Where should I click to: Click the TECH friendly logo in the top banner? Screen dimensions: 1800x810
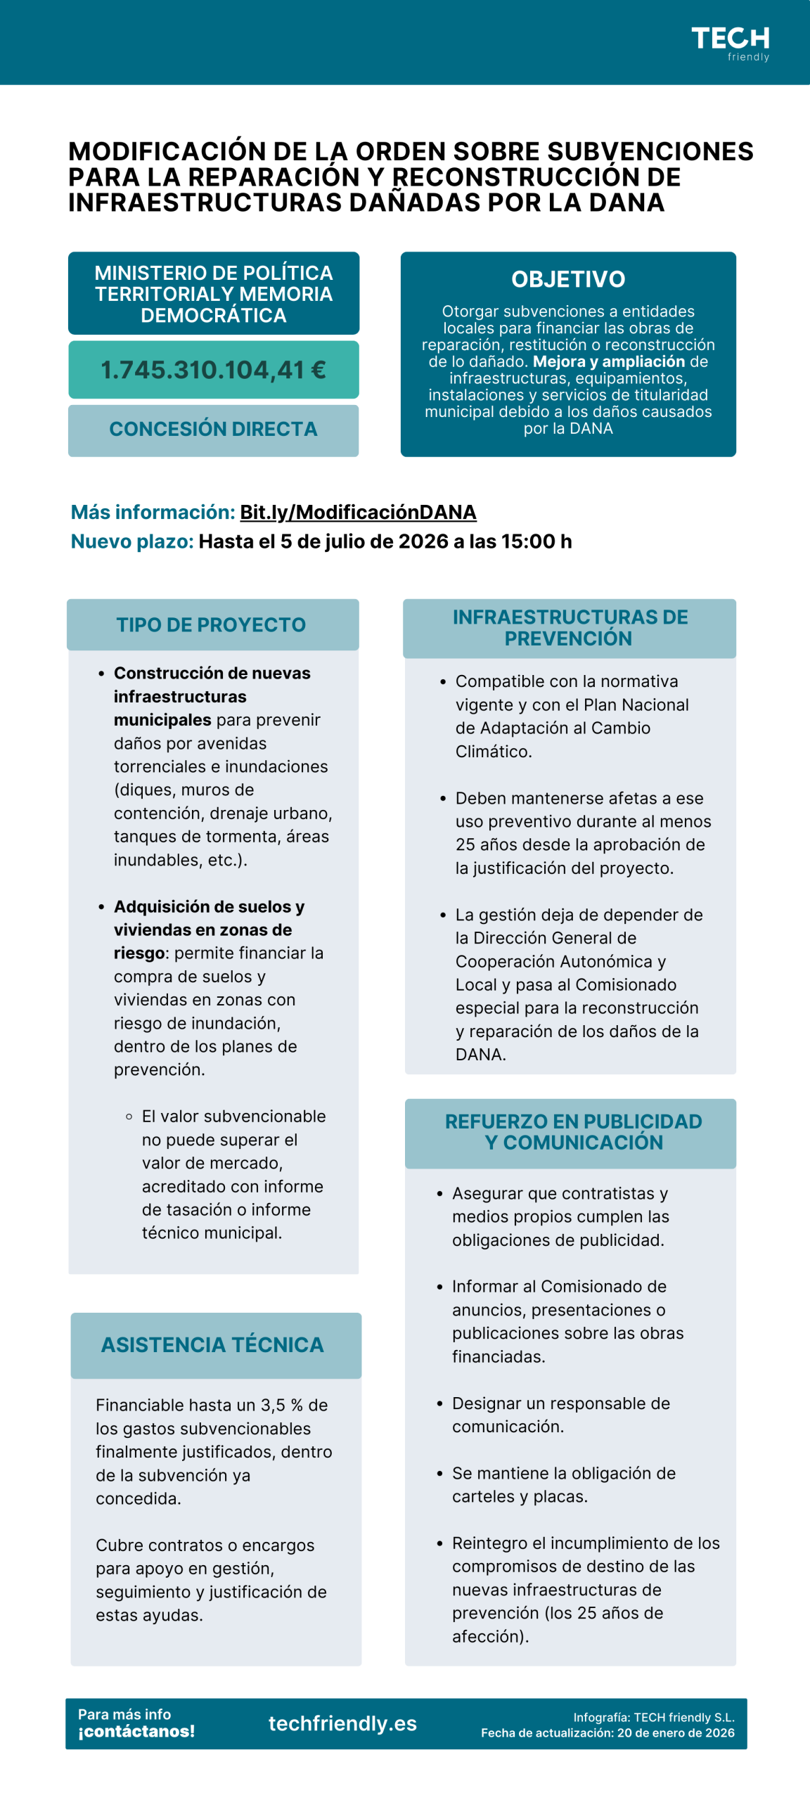click(x=730, y=43)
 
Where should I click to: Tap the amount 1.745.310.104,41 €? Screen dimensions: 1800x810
click(x=213, y=370)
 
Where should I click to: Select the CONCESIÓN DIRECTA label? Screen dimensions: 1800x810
click(x=213, y=429)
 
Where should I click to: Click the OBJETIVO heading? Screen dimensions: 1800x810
click(x=568, y=279)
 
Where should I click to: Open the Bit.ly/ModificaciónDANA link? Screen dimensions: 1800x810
click(x=358, y=512)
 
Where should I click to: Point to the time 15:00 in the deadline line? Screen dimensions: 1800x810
click(x=528, y=541)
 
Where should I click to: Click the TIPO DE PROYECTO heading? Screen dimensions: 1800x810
click(x=211, y=624)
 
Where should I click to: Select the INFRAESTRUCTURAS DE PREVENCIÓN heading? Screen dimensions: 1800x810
click(x=570, y=628)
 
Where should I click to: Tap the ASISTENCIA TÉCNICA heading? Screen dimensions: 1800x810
click(x=212, y=1344)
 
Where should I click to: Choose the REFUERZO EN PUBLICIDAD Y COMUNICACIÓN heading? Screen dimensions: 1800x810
click(x=573, y=1131)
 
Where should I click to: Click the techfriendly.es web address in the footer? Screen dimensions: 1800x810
click(x=342, y=1723)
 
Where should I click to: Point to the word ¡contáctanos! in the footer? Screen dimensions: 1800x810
click(x=136, y=1731)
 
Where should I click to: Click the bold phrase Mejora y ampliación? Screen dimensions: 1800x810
click(x=609, y=361)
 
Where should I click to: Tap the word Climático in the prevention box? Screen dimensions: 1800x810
click(x=493, y=751)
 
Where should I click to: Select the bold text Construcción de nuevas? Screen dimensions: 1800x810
click(x=212, y=673)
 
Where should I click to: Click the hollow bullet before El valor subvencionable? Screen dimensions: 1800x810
click(x=129, y=1117)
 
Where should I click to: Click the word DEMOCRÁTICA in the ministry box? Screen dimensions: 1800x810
click(x=213, y=316)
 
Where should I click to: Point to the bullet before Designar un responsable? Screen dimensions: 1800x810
click(x=439, y=1404)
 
